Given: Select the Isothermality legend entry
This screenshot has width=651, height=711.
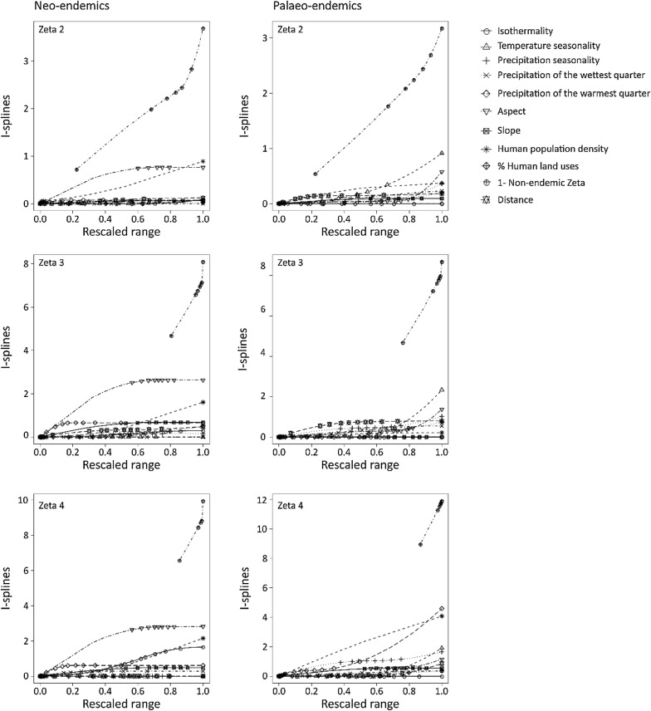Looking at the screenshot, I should tap(525, 31).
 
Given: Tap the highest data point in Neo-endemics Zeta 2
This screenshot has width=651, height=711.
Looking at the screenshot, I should tap(203, 29).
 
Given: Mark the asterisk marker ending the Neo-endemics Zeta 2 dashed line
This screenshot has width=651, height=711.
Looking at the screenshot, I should tap(203, 161).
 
